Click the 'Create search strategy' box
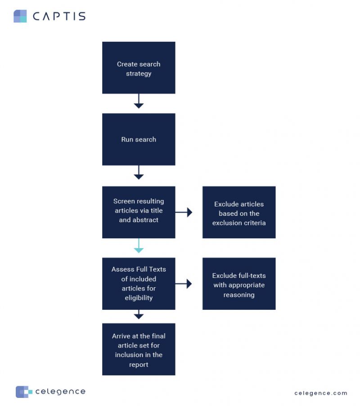point(139,68)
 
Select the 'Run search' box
point(139,139)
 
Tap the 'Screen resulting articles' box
point(139,211)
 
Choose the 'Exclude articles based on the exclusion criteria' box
point(239,213)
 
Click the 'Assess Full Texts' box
point(139,283)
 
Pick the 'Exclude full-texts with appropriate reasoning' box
point(239,284)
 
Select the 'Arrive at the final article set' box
point(139,349)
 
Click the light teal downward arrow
point(139,245)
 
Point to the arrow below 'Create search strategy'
point(139,101)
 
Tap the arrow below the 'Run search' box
point(139,173)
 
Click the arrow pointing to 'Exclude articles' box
point(184,212)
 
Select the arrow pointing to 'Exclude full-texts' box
point(184,284)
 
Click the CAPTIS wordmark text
point(59,17)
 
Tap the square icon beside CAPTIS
point(20,16)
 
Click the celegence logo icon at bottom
point(24,392)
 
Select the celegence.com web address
point(321,393)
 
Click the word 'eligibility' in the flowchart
point(139,298)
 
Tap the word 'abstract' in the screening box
point(145,220)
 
